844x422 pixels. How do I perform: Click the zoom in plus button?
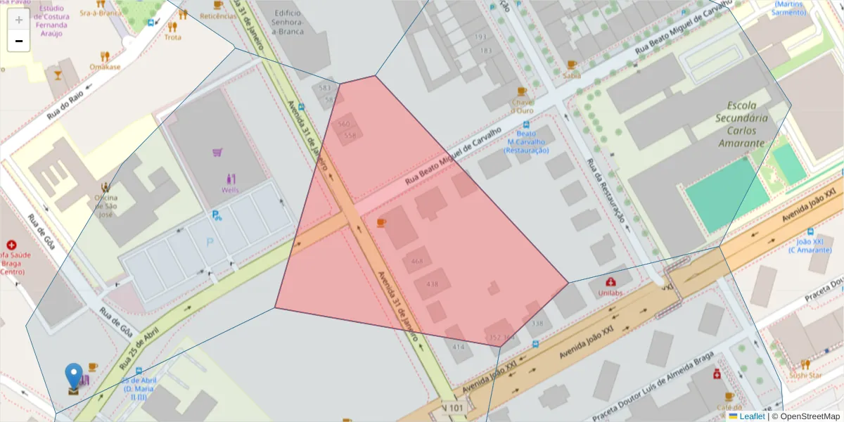point(19,20)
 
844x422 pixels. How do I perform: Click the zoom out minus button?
point(19,41)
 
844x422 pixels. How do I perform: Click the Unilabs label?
point(610,292)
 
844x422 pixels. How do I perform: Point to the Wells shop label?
point(230,190)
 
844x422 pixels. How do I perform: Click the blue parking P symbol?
point(209,243)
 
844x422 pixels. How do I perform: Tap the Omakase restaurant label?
point(105,67)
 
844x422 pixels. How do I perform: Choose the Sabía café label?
point(572,75)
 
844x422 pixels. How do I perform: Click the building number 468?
point(417,262)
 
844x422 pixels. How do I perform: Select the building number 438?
point(432,284)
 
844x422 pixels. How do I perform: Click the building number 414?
point(458,347)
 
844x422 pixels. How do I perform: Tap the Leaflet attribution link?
point(751,416)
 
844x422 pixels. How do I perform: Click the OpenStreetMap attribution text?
point(805,416)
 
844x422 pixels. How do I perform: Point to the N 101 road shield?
point(454,408)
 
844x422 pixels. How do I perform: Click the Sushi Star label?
point(805,376)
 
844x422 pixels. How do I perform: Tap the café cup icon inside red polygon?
point(381,222)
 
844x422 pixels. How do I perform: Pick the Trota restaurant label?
point(172,37)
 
